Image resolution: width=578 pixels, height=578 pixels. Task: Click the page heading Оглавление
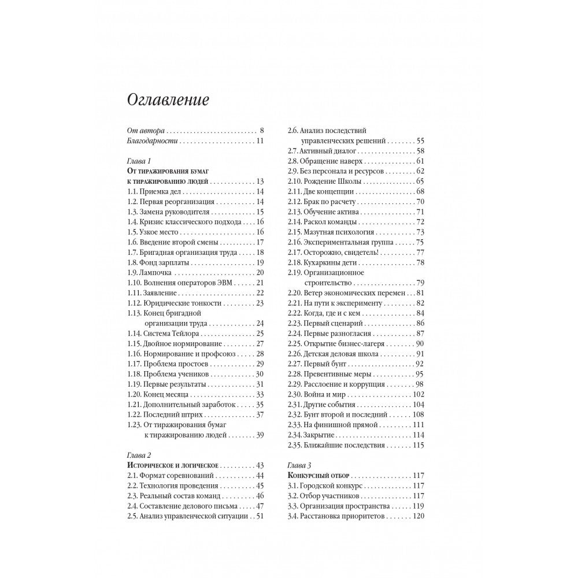[x=168, y=99]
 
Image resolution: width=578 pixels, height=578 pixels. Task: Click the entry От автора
[x=145, y=130]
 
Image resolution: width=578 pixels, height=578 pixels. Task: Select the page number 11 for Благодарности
[x=260, y=141]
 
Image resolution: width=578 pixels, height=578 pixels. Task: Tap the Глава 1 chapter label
[x=138, y=161]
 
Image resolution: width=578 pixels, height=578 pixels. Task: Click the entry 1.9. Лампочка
[x=150, y=272]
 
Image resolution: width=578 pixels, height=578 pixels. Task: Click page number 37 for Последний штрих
[x=260, y=414]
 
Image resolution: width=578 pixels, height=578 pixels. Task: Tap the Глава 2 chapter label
[x=138, y=454]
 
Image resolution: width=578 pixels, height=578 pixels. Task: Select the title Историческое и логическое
[x=172, y=465]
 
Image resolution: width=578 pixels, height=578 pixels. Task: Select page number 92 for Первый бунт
[x=420, y=364]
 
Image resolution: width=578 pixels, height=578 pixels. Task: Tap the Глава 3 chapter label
[x=299, y=465]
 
